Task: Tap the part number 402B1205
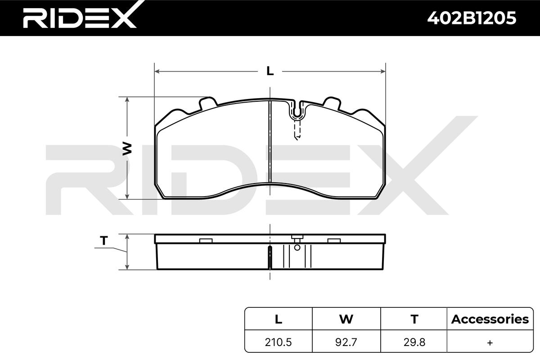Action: (x=472, y=18)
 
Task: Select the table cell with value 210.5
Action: (x=278, y=342)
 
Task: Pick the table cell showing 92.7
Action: (x=346, y=342)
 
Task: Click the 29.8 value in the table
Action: (x=414, y=342)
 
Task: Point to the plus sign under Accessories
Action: (x=490, y=342)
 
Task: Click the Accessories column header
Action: (x=490, y=319)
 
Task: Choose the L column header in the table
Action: (x=279, y=319)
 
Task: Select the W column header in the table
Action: (x=346, y=319)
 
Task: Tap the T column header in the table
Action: (x=414, y=319)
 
